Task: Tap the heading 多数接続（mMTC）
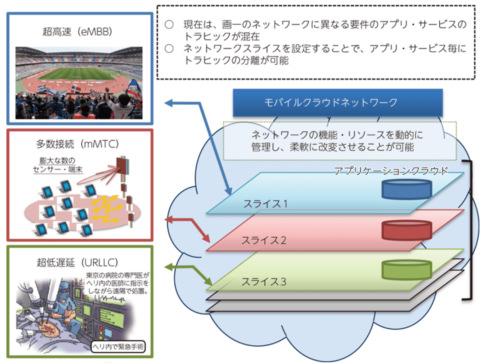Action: [x=81, y=143]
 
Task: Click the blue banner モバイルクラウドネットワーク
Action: [x=338, y=102]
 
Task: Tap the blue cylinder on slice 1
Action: [x=406, y=189]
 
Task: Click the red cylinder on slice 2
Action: [x=406, y=230]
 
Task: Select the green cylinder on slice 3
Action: [x=406, y=269]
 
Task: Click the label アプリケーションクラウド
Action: [x=391, y=171]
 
